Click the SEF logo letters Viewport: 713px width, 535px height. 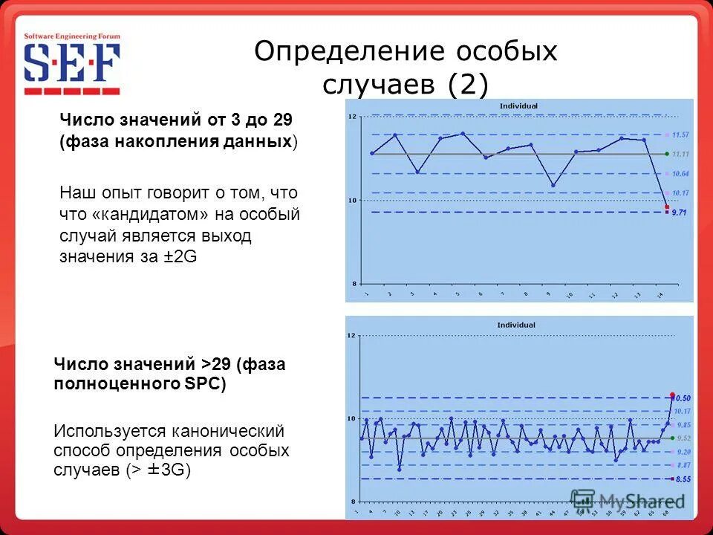(x=72, y=63)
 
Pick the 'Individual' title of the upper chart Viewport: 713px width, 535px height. (x=518, y=106)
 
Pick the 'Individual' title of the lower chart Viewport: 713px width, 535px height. (x=516, y=325)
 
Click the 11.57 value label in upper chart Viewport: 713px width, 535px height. (x=680, y=134)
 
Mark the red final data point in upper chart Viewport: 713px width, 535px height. (x=667, y=207)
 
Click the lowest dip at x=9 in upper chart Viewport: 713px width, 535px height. (x=553, y=185)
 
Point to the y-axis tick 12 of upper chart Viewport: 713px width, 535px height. (x=353, y=117)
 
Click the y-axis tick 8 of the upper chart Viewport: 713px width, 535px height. (x=354, y=283)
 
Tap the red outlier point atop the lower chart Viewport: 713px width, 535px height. (x=672, y=395)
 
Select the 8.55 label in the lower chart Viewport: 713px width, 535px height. (x=683, y=479)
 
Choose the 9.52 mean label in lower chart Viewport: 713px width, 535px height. (x=683, y=438)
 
